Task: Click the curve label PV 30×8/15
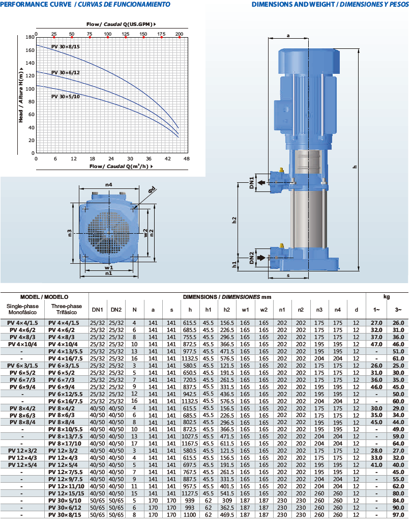66,46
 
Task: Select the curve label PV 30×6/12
66,73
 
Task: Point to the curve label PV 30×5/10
66,96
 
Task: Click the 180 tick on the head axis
30,37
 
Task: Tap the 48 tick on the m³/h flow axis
187,159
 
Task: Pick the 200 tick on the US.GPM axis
179,34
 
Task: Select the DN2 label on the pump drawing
251,258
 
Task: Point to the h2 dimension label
234,220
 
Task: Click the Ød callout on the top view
152,190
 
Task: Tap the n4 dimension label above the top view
108,184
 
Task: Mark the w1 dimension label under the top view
109,267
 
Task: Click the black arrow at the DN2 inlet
262,258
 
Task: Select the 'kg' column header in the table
387,296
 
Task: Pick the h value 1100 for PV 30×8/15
190,515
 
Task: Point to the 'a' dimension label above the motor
288,36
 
